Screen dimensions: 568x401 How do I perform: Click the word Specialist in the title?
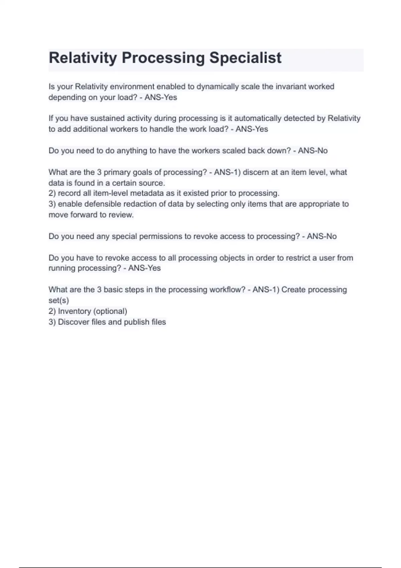[245, 58]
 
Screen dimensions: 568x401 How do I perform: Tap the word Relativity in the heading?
[83, 58]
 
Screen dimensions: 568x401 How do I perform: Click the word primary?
[117, 172]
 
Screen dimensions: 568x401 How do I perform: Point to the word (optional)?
[110, 311]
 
